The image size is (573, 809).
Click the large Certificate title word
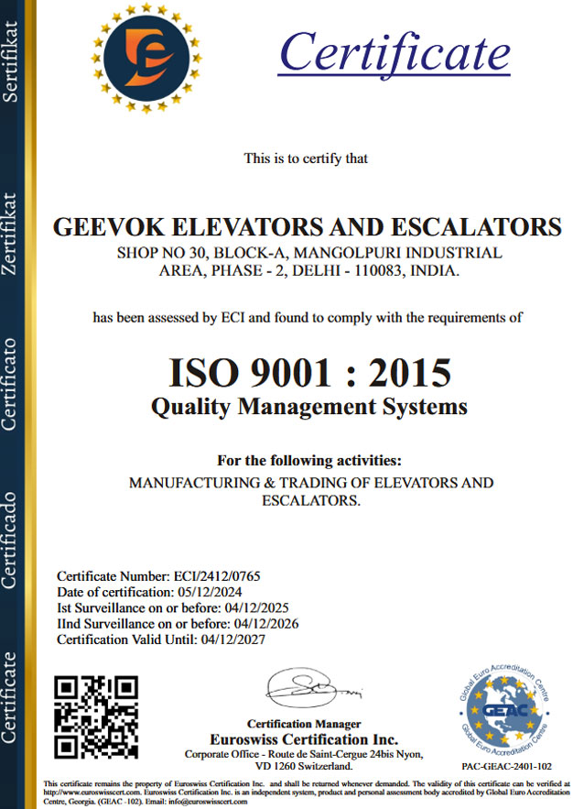point(395,50)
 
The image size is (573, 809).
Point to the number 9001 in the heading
point(287,372)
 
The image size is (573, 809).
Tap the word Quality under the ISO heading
point(188,406)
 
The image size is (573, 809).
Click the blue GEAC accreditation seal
point(504,708)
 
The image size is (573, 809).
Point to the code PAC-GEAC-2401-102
point(505,765)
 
